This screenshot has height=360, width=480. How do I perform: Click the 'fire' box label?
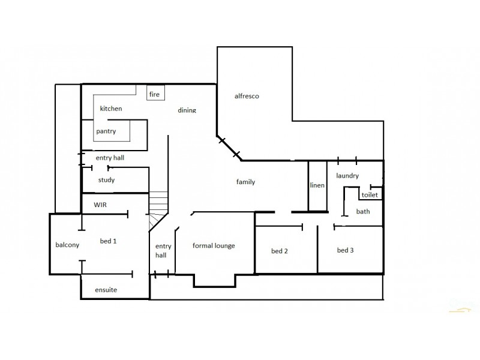point(154,94)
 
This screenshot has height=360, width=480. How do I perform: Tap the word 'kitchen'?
point(111,109)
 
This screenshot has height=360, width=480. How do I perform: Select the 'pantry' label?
point(106,131)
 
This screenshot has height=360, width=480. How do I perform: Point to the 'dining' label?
point(187,110)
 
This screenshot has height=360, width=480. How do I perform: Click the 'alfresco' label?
point(246,96)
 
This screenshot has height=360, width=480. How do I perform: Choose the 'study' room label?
point(106,180)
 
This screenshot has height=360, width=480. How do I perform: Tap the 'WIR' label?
point(100,205)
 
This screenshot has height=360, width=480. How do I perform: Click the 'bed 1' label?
point(108,241)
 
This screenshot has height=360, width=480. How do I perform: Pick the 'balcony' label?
point(67,245)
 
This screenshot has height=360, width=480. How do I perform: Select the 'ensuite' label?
point(106,290)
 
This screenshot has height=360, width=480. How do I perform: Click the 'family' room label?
point(245,182)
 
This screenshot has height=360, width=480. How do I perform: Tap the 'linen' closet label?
point(317,185)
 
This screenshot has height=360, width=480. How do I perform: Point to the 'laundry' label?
point(347,176)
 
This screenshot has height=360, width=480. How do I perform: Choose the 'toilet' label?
point(370,195)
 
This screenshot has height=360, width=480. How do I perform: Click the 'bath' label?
point(363,212)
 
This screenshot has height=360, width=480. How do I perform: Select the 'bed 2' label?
point(280,251)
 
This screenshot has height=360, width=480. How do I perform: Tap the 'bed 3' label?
point(345,250)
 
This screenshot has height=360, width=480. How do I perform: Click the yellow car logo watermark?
point(460,310)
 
